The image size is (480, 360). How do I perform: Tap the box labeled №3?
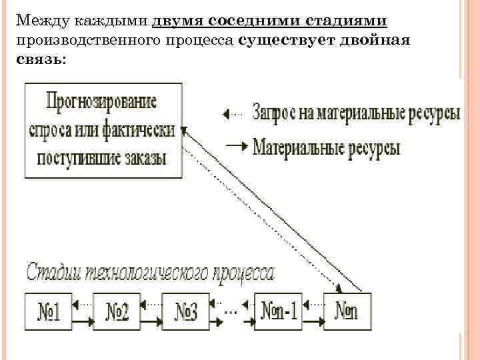tap(186, 311)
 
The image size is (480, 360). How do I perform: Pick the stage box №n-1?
tap(277, 311)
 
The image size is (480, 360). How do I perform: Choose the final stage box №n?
tap(348, 311)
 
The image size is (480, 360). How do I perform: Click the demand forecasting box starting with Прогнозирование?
tap(103, 130)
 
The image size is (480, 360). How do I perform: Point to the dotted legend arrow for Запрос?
tap(233, 114)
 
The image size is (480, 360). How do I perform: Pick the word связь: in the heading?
tap(39, 60)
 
